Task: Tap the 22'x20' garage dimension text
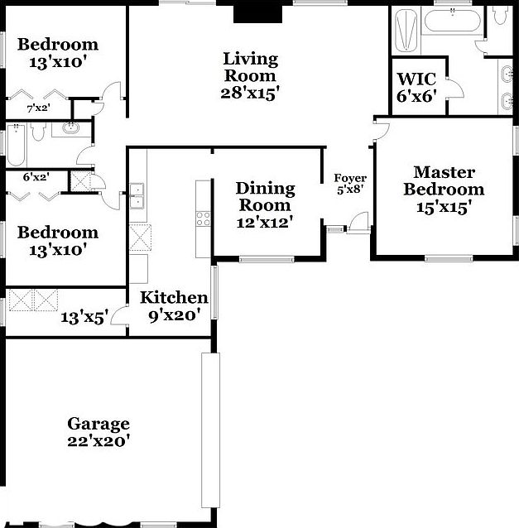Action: click(99, 441)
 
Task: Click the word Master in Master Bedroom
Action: click(444, 172)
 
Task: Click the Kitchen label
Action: click(173, 298)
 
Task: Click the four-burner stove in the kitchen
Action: click(203, 218)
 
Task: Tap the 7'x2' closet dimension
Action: click(37, 108)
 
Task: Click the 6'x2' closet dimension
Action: click(36, 176)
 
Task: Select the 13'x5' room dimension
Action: click(84, 317)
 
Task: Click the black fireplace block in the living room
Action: click(247, 12)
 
